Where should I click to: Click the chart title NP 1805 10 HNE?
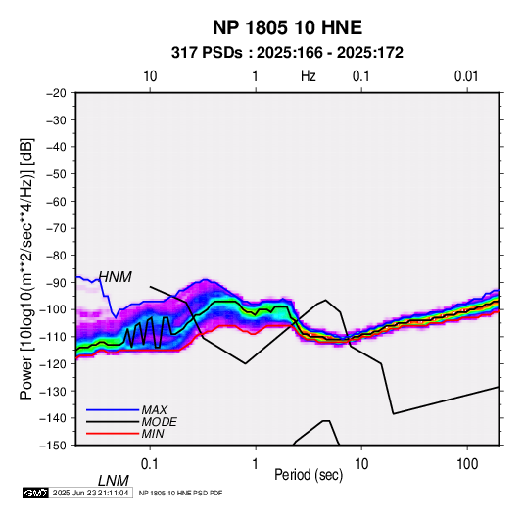[x=287, y=27]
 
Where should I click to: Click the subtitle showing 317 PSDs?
[x=287, y=53]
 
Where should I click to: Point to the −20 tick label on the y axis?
[x=56, y=93]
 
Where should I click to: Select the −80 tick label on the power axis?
[x=56, y=256]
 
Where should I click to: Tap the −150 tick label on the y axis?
[x=54, y=446]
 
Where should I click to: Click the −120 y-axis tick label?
[x=54, y=363]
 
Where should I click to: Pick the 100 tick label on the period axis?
[x=467, y=464]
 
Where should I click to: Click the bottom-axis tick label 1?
[x=256, y=464]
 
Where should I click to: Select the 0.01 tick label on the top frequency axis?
[x=466, y=76]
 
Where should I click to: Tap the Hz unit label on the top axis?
[x=309, y=76]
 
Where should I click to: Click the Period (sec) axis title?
[x=309, y=475]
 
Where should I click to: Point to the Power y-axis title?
[x=26, y=269]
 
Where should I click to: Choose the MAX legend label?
[x=155, y=410]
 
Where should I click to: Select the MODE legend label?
[x=159, y=422]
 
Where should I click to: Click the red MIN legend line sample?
[x=113, y=434]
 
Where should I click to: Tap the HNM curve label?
[x=116, y=277]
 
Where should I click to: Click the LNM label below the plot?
[x=114, y=481]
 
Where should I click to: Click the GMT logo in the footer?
[x=35, y=493]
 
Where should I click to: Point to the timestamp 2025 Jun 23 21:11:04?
[x=90, y=493]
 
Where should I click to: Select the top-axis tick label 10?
[x=150, y=76]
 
